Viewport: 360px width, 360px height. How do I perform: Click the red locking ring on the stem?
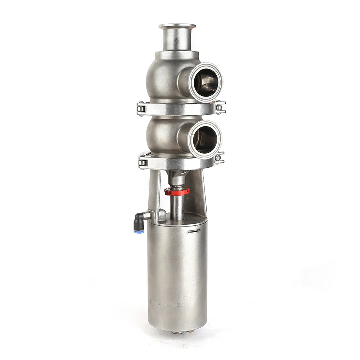tap(177, 192)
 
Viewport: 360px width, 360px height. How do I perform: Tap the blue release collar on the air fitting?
tap(139, 231)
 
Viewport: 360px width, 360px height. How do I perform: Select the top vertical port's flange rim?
tap(177, 26)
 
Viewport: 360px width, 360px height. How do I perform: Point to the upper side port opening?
tap(206, 82)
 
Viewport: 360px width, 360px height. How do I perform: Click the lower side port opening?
tap(205, 140)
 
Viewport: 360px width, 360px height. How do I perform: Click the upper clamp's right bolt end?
tap(220, 107)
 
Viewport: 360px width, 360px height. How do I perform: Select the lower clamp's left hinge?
tap(142, 162)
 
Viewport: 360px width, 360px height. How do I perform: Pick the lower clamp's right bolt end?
tap(219, 158)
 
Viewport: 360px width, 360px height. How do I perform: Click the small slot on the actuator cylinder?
tap(194, 230)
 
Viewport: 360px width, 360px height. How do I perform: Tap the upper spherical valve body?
tap(166, 77)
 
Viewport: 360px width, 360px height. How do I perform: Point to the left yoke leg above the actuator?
tap(153, 191)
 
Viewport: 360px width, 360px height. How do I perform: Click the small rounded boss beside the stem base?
tap(162, 215)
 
